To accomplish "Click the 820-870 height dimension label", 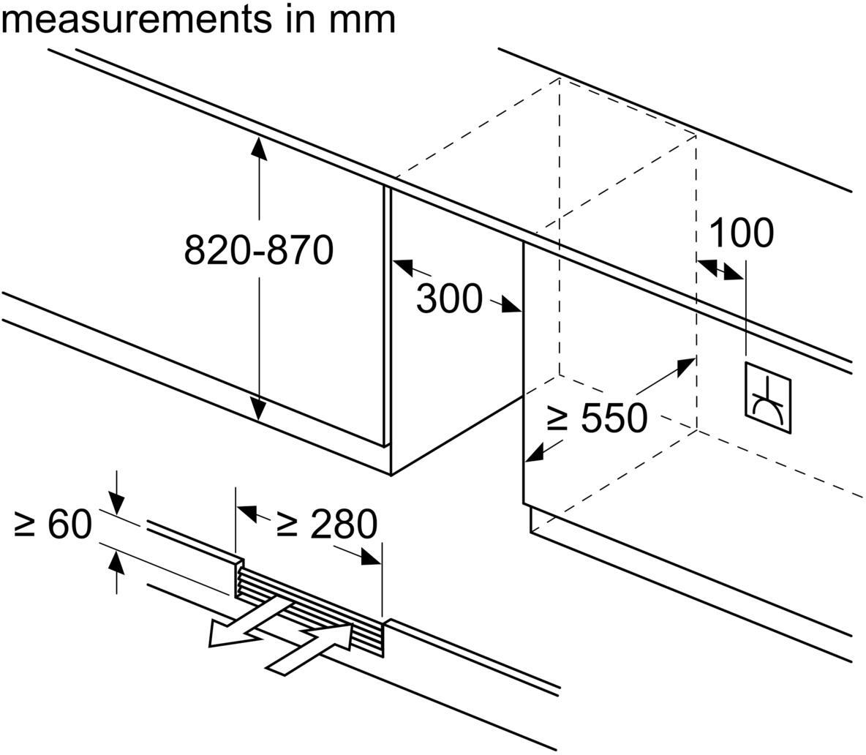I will point(258,250).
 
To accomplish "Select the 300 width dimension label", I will point(449,298).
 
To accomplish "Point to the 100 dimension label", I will point(741,233).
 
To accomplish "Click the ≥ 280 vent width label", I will point(328,524).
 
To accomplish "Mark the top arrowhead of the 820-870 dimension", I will point(257,146).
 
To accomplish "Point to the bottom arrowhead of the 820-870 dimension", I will point(257,409).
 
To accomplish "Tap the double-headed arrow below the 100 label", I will point(720,268).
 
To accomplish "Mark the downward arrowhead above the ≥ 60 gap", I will point(116,504).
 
